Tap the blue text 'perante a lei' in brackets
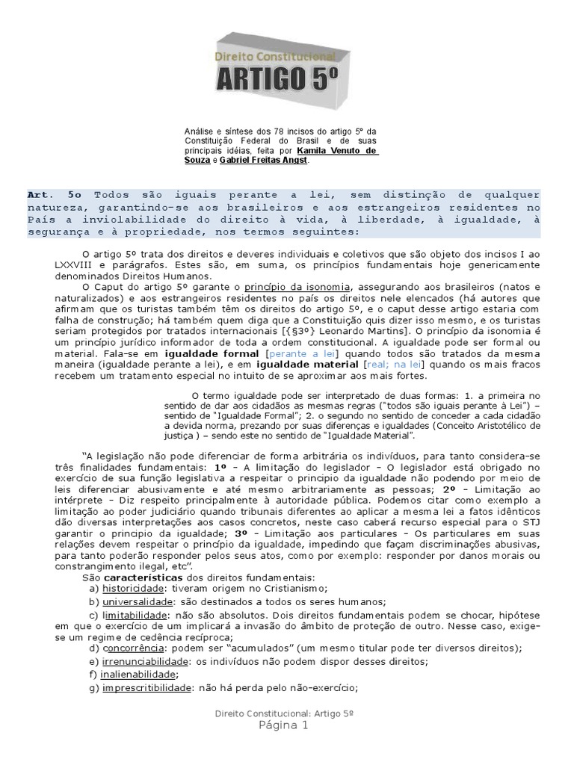302,353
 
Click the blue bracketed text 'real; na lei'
393,364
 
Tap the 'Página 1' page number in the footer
284,725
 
